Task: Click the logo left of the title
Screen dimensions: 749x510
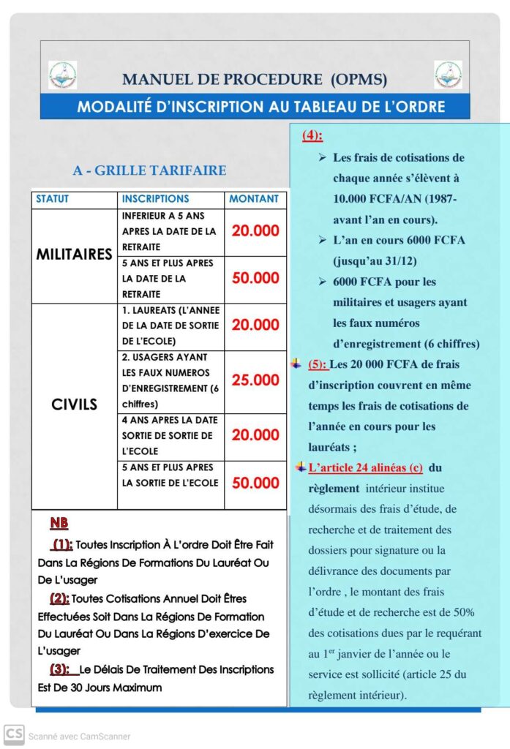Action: pyautogui.click(x=62, y=75)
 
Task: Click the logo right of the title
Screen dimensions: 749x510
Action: pyautogui.click(x=448, y=75)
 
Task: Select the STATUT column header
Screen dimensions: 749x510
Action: pyautogui.click(x=53, y=199)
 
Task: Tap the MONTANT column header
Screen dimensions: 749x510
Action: pyautogui.click(x=254, y=199)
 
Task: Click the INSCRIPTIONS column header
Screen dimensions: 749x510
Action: pyautogui.click(x=155, y=199)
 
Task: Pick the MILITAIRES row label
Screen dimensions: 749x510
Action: pyautogui.click(x=74, y=255)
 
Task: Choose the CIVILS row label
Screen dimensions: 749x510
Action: pyautogui.click(x=74, y=404)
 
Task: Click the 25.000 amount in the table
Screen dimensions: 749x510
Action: pyautogui.click(x=255, y=380)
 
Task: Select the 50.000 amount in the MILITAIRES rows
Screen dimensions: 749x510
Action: pyautogui.click(x=255, y=278)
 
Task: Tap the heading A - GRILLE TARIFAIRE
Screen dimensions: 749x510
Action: pyautogui.click(x=149, y=170)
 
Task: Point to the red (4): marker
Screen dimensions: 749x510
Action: pyautogui.click(x=312, y=135)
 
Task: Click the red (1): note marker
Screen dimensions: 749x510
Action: pyautogui.click(x=62, y=544)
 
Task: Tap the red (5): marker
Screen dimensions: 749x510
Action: pyautogui.click(x=318, y=364)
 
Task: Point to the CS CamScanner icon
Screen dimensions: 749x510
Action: pyautogui.click(x=13, y=734)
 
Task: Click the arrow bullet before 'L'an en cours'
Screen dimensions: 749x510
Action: pyautogui.click(x=323, y=240)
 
